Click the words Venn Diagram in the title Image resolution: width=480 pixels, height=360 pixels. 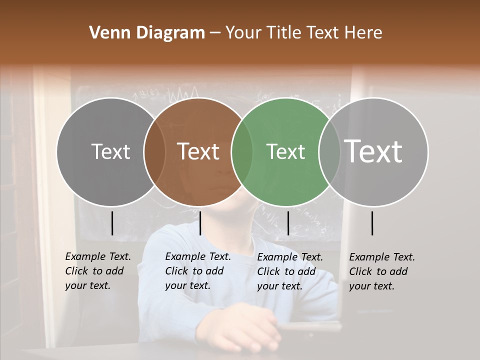point(147,33)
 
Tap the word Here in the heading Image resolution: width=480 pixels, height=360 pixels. point(363,33)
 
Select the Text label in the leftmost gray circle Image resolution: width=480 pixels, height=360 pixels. point(110,152)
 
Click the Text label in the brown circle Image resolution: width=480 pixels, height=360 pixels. point(198,151)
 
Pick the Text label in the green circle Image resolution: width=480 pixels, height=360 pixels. point(285,152)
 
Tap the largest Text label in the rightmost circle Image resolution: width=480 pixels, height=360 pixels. point(373,151)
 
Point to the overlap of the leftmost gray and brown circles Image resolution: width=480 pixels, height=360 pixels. point(154,152)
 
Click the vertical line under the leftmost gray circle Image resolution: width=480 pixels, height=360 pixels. point(112,223)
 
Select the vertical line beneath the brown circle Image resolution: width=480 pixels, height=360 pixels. point(200,223)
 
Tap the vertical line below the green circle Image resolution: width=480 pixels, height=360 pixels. point(288,223)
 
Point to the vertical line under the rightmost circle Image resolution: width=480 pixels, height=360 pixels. point(372,223)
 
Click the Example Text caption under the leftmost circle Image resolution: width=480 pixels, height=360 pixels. point(98,271)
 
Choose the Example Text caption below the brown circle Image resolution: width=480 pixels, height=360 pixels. point(198,271)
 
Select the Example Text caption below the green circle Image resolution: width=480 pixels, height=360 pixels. point(290,271)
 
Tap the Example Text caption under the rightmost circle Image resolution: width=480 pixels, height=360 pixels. point(382,271)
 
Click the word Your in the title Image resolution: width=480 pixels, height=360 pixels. point(244,33)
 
